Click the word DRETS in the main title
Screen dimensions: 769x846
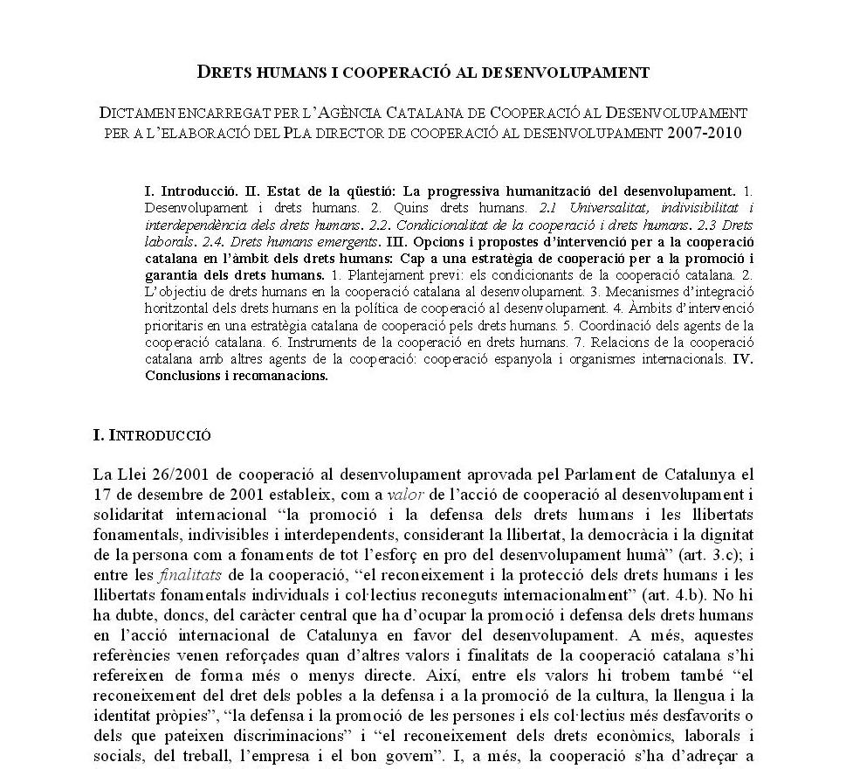[224, 73]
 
